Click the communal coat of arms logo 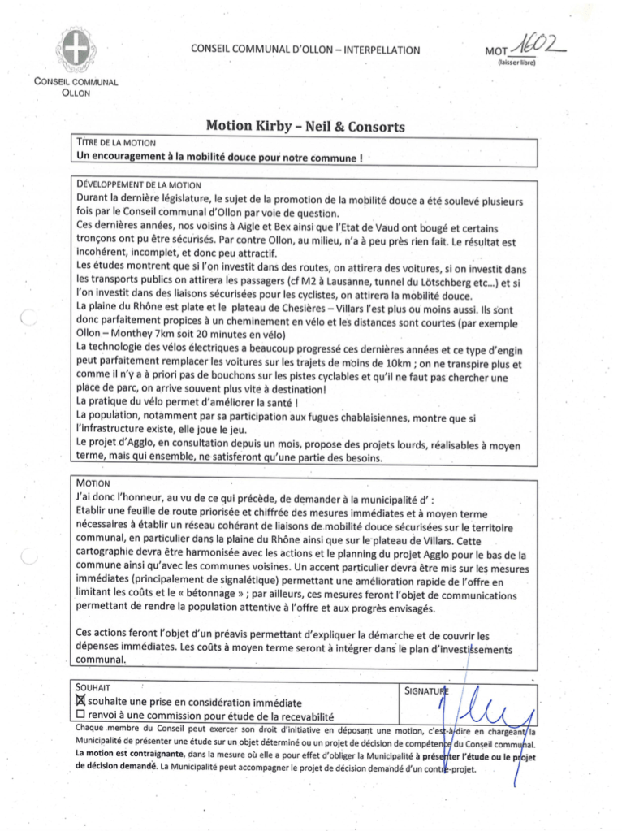(x=76, y=50)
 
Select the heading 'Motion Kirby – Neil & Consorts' (x=305, y=127)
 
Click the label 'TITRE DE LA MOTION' (x=115, y=142)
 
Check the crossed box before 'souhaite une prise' (x=80, y=702)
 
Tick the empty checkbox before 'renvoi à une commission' (x=80, y=716)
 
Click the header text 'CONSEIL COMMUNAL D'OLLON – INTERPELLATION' (x=305, y=50)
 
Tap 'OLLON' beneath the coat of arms (x=76, y=93)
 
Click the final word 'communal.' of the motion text (x=101, y=661)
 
